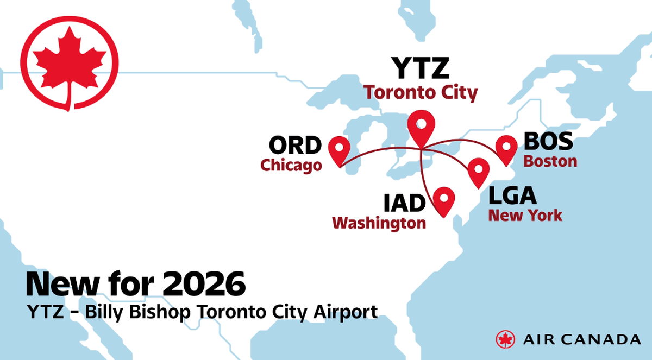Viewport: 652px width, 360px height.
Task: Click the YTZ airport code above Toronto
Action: tap(421, 68)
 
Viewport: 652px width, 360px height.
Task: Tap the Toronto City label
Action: tap(421, 92)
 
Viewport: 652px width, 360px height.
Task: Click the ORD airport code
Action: tap(295, 146)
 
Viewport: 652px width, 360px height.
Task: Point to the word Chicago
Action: tap(291, 165)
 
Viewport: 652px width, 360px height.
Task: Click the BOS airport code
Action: tap(548, 141)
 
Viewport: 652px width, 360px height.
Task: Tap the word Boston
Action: tap(549, 162)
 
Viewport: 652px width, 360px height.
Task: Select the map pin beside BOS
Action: tap(506, 148)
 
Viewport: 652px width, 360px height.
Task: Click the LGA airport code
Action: tap(512, 195)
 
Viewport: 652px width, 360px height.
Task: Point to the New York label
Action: tap(525, 216)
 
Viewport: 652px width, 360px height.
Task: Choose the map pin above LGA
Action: tap(478, 170)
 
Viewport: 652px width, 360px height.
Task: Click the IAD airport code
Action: tap(403, 204)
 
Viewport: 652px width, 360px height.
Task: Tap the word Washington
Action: tap(379, 223)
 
